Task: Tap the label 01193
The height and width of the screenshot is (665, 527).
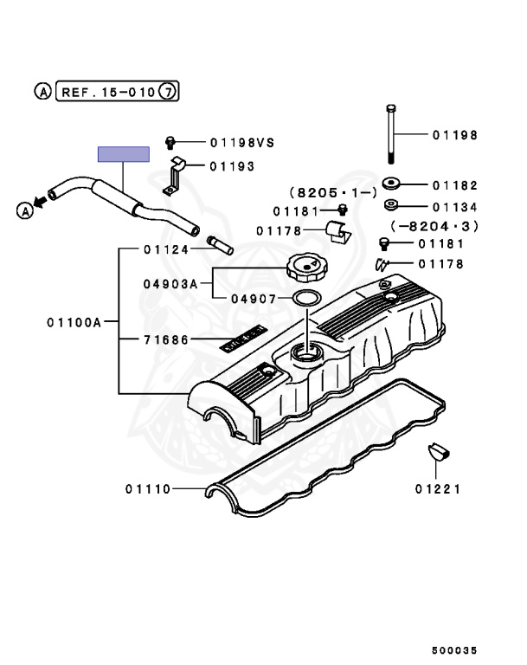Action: click(229, 165)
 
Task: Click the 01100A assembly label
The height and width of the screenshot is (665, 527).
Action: click(75, 323)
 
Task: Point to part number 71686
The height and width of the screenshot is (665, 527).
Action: click(165, 340)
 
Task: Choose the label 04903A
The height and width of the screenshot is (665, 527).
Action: click(170, 283)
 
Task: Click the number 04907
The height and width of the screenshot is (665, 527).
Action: click(253, 299)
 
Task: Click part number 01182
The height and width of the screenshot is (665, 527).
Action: click(454, 185)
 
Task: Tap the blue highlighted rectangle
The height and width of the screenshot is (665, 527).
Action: click(123, 154)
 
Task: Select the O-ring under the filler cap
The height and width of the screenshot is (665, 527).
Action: click(305, 299)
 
